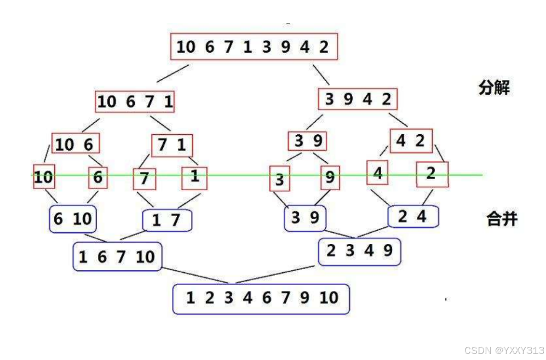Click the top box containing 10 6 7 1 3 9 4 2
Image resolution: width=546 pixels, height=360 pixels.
(254, 47)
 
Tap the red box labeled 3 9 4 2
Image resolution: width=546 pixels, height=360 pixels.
(358, 99)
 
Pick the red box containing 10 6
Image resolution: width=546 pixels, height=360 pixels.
(76, 144)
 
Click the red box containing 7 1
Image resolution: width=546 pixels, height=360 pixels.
(172, 146)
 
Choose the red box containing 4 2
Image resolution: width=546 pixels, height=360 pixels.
(411, 141)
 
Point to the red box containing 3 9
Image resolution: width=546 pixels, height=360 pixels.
(307, 141)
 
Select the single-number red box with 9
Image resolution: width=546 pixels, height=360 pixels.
(330, 177)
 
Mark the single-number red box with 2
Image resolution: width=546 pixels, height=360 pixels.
(432, 174)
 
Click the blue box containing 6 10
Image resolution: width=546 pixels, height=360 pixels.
(73, 219)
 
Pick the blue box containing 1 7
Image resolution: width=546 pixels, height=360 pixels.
(167, 220)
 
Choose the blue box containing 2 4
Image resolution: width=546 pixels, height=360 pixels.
(413, 216)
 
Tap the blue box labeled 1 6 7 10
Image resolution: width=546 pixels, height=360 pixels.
(117, 256)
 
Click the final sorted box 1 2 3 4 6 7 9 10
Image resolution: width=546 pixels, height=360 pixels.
(261, 299)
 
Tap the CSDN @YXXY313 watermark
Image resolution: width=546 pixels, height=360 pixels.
(503, 350)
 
